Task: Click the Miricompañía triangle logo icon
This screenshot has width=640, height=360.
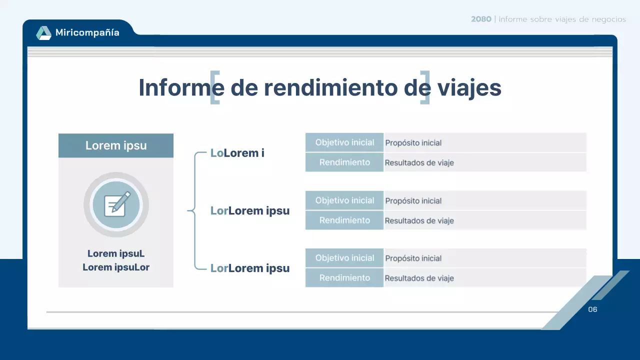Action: pos(43,33)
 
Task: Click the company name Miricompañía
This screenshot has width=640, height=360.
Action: pos(87,33)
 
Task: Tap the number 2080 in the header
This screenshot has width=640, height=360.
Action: pos(481,19)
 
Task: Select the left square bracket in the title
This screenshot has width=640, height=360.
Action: pos(214,87)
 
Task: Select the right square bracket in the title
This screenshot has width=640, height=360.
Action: pos(425,87)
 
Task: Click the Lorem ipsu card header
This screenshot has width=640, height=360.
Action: pos(116,145)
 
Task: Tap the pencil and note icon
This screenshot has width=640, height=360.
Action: pos(116,204)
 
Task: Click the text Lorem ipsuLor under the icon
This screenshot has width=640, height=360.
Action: pos(116,267)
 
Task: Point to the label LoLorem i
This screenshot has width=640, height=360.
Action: pos(237,153)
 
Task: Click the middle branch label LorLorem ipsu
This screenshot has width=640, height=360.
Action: pos(250,210)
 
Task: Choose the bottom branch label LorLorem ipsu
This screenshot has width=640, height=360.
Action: pos(250,268)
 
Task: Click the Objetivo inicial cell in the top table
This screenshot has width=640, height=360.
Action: pos(344,142)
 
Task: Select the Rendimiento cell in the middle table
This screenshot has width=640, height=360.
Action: pos(344,220)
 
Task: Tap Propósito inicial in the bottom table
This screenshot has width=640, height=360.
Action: pos(413,258)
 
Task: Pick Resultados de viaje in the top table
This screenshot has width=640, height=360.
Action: pos(419,162)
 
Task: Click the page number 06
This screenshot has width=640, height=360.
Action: pos(592,309)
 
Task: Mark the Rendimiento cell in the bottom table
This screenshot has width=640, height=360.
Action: pos(344,277)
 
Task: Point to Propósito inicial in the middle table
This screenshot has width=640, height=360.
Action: pos(413,201)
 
